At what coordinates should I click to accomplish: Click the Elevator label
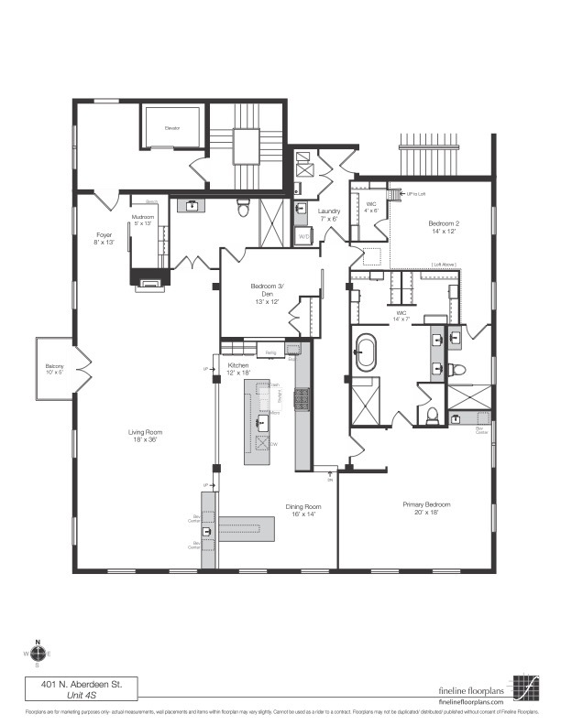[171, 128]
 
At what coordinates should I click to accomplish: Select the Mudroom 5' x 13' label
[143, 219]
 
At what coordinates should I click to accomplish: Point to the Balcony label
[54, 369]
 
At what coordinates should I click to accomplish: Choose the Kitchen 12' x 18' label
[238, 370]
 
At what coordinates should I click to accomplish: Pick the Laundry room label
[329, 215]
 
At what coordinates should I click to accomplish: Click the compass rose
[38, 654]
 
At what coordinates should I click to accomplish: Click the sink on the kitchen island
[262, 423]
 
